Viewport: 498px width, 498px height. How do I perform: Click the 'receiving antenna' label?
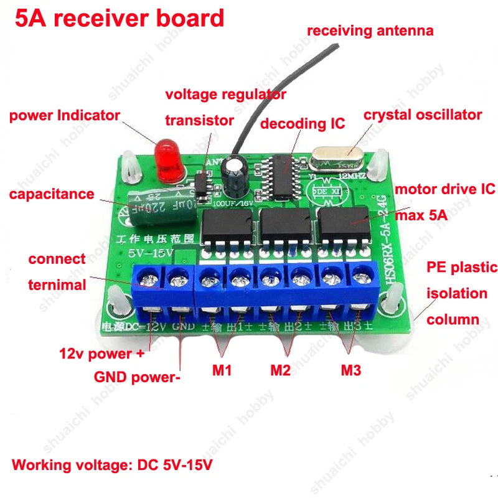point(370,31)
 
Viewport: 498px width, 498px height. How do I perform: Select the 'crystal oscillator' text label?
point(423,115)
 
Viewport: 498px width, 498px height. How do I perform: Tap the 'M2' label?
point(281,370)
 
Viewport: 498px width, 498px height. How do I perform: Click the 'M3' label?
point(350,370)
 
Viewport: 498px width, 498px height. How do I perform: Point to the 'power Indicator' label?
point(64,115)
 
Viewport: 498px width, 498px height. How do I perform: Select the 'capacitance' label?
point(52,194)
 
